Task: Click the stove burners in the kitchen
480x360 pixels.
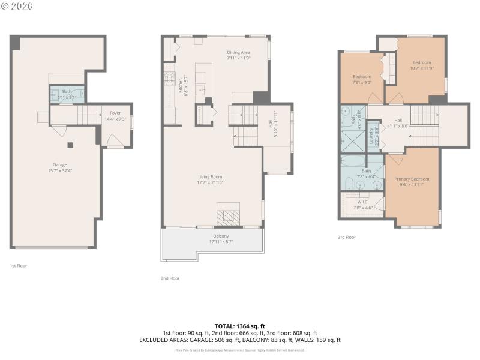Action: point(169,78)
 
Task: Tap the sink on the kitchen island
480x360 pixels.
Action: point(202,91)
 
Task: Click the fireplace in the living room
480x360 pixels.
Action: point(228,214)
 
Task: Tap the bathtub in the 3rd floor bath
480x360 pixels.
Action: point(353,161)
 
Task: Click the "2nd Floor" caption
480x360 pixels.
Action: point(170,278)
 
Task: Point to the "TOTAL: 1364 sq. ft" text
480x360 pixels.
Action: point(240,326)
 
